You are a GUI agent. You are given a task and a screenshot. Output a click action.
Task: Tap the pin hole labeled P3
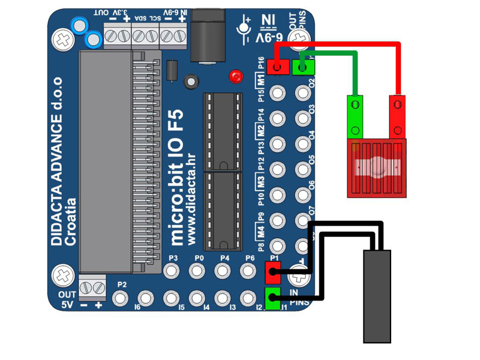click(x=173, y=271)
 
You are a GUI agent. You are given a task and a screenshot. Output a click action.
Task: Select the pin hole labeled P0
click(x=198, y=271)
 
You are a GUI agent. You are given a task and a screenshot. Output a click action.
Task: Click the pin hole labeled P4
click(x=224, y=271)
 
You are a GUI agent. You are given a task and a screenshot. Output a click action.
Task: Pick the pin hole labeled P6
click(x=249, y=271)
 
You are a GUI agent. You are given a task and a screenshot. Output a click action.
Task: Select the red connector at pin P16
click(x=277, y=67)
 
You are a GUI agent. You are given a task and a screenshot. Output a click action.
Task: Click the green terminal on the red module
click(x=355, y=118)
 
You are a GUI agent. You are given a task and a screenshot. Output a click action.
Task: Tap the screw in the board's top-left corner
click(x=63, y=40)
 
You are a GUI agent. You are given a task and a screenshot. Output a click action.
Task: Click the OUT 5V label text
click(x=67, y=300)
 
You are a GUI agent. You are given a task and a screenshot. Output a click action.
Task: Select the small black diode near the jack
click(x=172, y=70)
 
